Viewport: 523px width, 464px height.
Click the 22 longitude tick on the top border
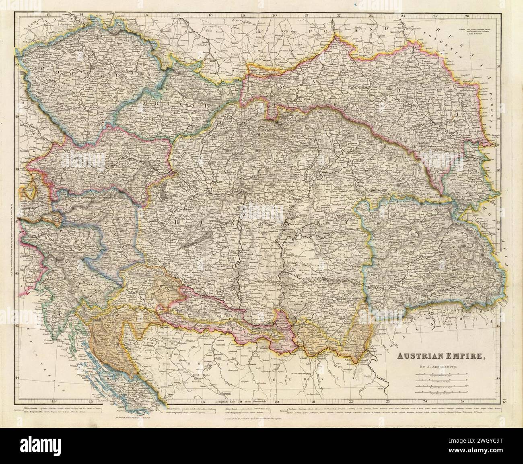coord(338,15)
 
